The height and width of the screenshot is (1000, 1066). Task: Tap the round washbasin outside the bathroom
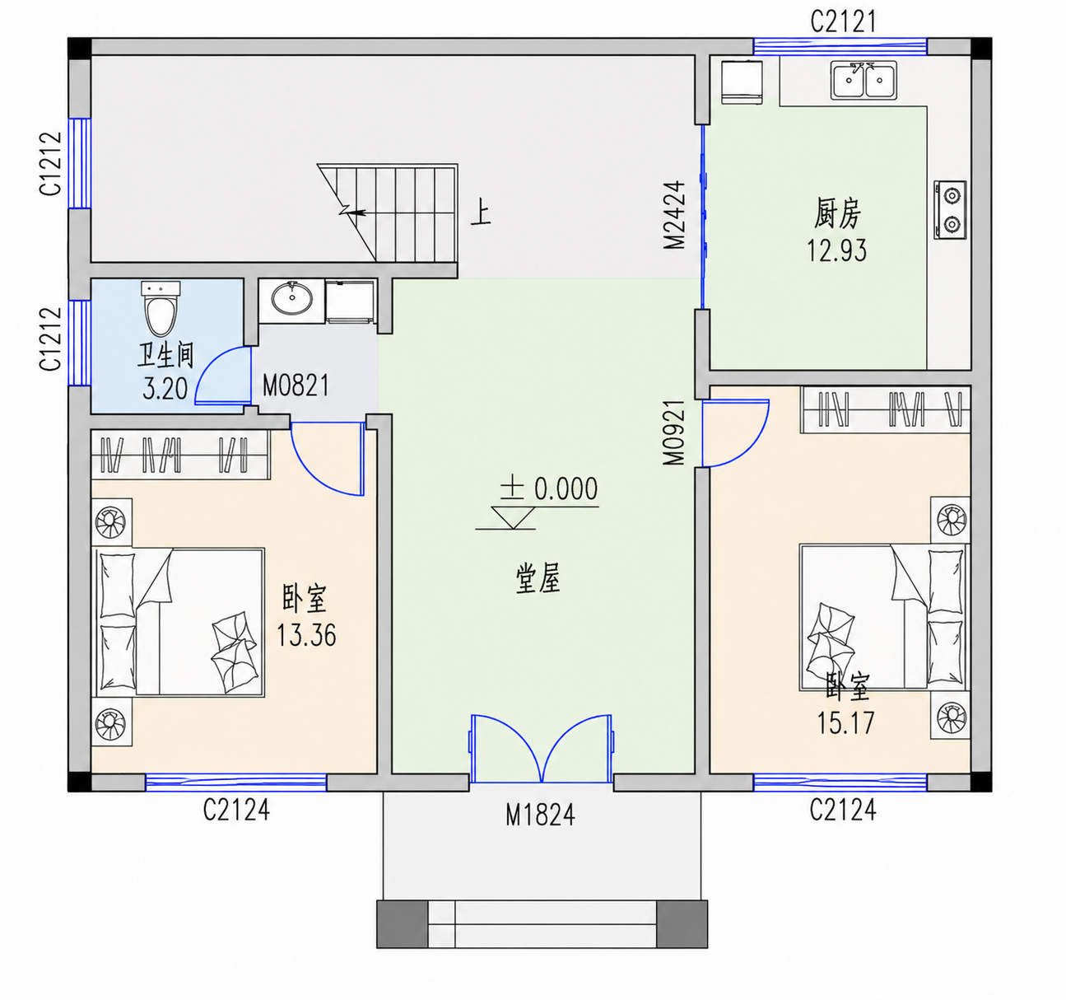coord(291,297)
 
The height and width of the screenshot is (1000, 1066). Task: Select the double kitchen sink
coord(864,80)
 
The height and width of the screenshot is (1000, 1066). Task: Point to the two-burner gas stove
coord(950,209)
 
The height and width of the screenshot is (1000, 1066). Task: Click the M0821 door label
coord(296,386)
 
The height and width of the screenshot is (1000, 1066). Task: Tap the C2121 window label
coord(843,21)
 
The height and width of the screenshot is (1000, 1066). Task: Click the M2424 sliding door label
coord(674,215)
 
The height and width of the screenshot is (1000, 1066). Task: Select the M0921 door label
coord(673,432)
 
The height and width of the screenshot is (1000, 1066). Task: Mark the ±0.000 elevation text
coord(548,488)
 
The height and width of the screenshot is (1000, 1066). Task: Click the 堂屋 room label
coord(538,580)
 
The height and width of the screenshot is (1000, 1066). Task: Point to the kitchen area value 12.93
coord(837,250)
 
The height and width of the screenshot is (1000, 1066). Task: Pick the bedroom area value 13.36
coord(306,635)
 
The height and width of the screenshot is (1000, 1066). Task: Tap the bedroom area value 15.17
coord(845,722)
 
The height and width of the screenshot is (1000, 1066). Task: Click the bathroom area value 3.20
coord(165,389)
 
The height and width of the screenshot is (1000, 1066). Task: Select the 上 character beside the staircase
coord(481,212)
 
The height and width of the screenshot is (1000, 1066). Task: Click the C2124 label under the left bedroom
coord(236,810)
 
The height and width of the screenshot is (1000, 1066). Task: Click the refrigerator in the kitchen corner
coord(742,82)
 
